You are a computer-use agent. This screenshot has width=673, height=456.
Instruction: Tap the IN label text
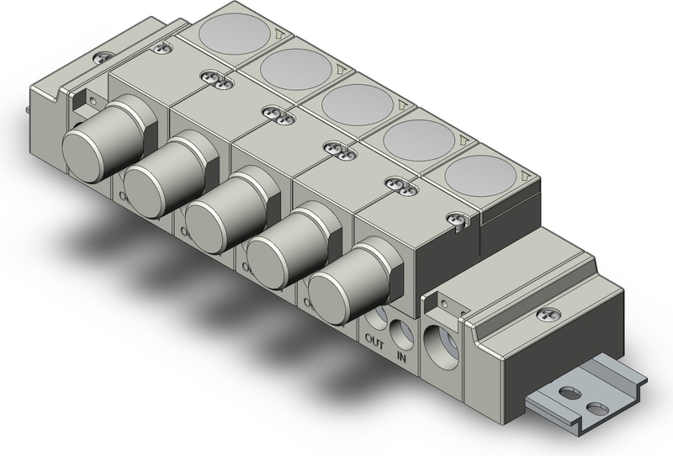click(x=402, y=356)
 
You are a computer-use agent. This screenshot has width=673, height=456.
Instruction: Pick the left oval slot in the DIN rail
click(x=572, y=393)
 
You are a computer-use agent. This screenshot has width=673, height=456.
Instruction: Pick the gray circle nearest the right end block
click(x=480, y=178)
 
